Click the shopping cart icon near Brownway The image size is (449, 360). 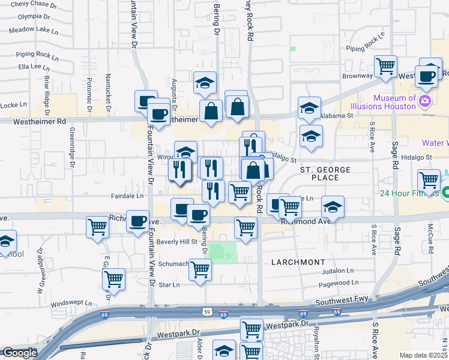tap(385, 65)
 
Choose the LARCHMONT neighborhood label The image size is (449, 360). tap(298, 262)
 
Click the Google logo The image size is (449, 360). tap(19, 353)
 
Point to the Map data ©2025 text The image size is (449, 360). tap(424, 355)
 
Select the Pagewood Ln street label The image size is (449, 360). tap(339, 282)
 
